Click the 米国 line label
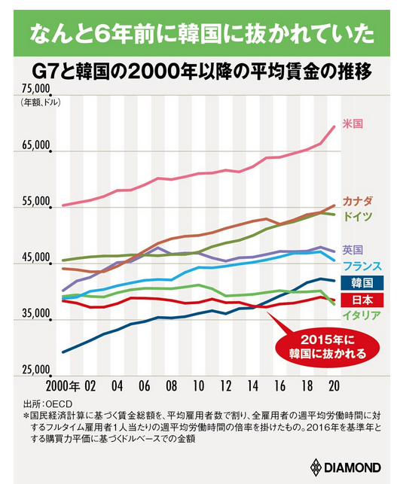click(353, 123)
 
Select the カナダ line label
click(358, 202)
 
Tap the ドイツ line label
click(358, 216)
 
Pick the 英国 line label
click(353, 249)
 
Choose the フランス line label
click(362, 266)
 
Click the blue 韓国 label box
click(362, 283)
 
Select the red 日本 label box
click(362, 300)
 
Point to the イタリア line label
click(362, 315)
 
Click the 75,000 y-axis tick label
click(36, 90)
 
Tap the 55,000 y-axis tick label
click(36, 202)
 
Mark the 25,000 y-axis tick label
click(36, 370)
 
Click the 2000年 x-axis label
click(63, 386)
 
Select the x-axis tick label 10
click(198, 386)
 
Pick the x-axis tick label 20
click(334, 386)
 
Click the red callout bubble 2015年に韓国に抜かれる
click(328, 347)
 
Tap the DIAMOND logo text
click(352, 467)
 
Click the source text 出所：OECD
click(47, 403)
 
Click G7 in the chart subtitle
click(44, 72)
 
